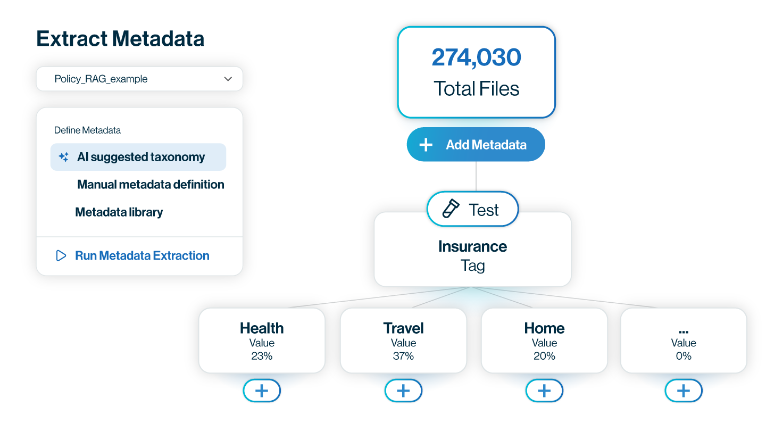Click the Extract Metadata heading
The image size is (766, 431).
pyautogui.click(x=120, y=39)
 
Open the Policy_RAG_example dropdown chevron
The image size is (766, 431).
pyautogui.click(x=228, y=79)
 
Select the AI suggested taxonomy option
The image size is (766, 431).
pyautogui.click(x=141, y=157)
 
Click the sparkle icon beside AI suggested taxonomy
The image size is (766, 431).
pyautogui.click(x=63, y=157)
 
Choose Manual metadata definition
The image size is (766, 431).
pyautogui.click(x=151, y=185)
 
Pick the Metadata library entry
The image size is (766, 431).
pyautogui.click(x=119, y=212)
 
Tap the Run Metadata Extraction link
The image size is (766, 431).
pyautogui.click(x=142, y=255)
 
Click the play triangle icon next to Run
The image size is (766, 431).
pyautogui.click(x=61, y=255)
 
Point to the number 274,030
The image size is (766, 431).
pyautogui.click(x=476, y=57)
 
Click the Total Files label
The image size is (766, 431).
pyautogui.click(x=476, y=88)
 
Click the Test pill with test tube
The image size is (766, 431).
pyautogui.click(x=472, y=210)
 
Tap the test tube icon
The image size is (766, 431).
pyautogui.click(x=451, y=210)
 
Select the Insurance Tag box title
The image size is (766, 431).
pyautogui.click(x=472, y=246)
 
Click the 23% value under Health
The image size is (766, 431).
pyautogui.click(x=262, y=356)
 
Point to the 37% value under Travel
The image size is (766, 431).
pyautogui.click(x=403, y=356)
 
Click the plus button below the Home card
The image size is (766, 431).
pyautogui.click(x=544, y=391)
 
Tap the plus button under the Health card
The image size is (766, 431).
pyautogui.click(x=262, y=391)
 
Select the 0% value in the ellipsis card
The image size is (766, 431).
pyautogui.click(x=684, y=356)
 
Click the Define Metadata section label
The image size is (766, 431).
pyautogui.click(x=87, y=130)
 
